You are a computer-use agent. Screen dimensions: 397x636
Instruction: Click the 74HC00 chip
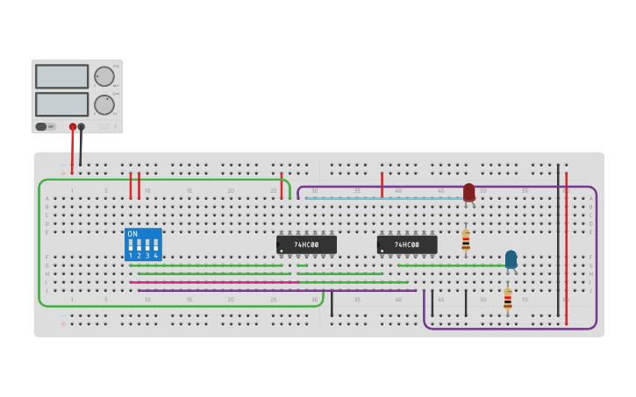click(x=306, y=245)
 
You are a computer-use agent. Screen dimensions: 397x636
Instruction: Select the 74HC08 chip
click(x=407, y=245)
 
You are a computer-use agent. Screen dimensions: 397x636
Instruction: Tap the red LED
click(x=468, y=191)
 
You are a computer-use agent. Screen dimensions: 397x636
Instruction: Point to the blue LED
click(x=511, y=259)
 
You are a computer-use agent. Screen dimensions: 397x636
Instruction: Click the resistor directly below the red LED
click(x=466, y=239)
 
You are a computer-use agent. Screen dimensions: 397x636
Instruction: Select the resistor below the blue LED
click(x=507, y=299)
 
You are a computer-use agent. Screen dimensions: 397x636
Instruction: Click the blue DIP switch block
click(x=143, y=245)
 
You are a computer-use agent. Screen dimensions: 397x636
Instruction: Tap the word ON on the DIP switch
click(x=132, y=234)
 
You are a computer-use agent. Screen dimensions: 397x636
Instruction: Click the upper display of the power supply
click(x=61, y=76)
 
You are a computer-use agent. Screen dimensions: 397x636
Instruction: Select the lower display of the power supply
click(x=61, y=104)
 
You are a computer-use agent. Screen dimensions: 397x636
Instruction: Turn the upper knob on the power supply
click(x=104, y=76)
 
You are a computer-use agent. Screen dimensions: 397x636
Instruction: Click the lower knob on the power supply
click(x=104, y=105)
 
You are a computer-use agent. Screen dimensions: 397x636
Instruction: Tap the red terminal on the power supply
click(x=73, y=127)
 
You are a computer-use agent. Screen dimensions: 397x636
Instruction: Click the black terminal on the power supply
click(x=82, y=127)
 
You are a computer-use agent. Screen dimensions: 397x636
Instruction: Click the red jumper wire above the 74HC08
click(x=382, y=184)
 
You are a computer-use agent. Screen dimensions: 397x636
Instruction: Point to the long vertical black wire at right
click(x=558, y=237)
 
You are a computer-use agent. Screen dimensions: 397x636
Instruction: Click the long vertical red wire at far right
click(x=567, y=245)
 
